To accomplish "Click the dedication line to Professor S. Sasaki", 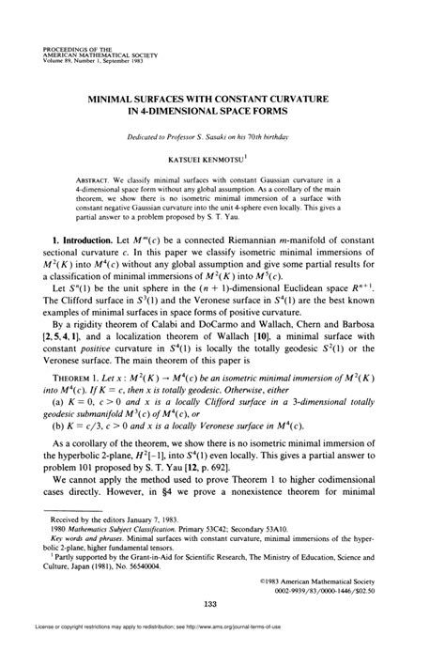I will [x=222, y=137].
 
